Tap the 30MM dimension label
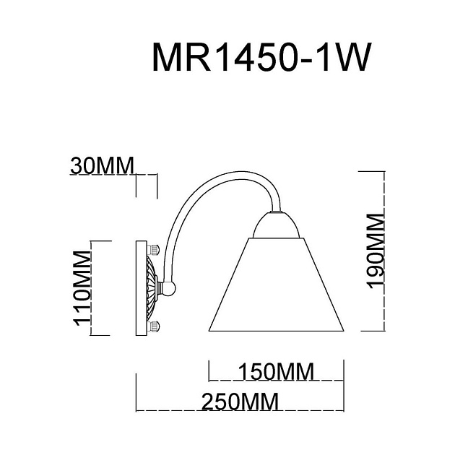[x=103, y=165]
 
